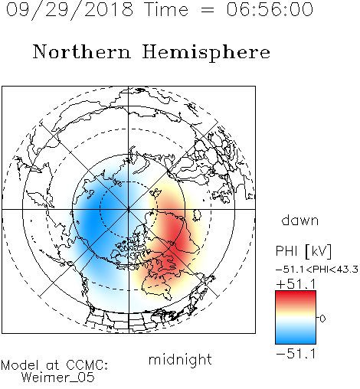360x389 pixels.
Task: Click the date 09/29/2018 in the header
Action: point(70,9)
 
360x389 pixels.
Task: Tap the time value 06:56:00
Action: point(270,9)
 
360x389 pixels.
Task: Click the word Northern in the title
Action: point(82,51)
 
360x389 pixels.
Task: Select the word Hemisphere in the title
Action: point(206,52)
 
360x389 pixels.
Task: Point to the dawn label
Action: point(300,220)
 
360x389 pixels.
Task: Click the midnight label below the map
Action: point(180,359)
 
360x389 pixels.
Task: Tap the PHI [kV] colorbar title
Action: point(303,251)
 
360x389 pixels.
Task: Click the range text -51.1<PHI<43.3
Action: point(317,270)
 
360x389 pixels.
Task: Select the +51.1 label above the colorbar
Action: point(296,284)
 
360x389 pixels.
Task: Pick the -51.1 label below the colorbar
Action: point(296,354)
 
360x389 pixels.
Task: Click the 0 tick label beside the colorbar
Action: point(322,319)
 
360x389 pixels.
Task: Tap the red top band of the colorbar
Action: point(296,297)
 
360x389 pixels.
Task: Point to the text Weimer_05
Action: point(58,378)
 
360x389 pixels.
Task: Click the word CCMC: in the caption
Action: point(87,365)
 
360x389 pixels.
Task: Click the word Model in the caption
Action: point(20,365)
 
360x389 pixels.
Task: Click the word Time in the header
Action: point(166,9)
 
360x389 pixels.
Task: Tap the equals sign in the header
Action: point(208,10)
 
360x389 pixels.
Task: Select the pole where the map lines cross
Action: point(129,209)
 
